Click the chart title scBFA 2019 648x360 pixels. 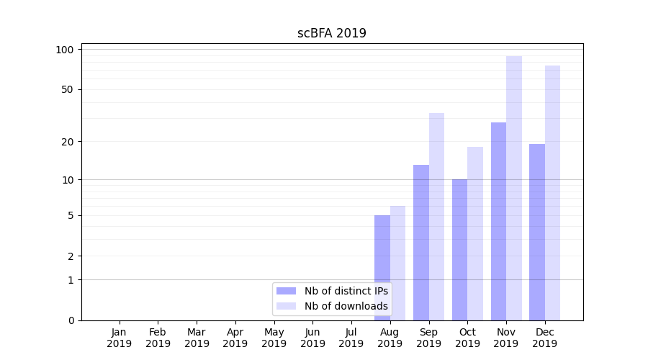click(x=332, y=33)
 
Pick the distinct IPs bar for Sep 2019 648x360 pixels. click(x=421, y=242)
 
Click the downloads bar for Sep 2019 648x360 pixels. click(x=436, y=216)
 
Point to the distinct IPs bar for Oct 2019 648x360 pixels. click(x=459, y=249)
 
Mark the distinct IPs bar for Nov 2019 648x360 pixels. click(x=498, y=221)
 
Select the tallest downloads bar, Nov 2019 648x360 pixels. click(x=514, y=188)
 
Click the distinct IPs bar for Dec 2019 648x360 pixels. click(x=537, y=232)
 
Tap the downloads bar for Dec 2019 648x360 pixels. click(x=552, y=192)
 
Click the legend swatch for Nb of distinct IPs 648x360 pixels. click(x=286, y=291)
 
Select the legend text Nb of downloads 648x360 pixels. click(x=346, y=306)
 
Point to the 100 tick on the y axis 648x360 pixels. click(x=65, y=50)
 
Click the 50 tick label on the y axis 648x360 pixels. click(x=67, y=89)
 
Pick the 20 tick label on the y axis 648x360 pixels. click(x=67, y=141)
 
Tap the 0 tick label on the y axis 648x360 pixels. click(x=71, y=320)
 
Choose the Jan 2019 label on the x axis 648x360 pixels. click(x=120, y=338)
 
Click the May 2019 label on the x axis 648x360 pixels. click(x=274, y=338)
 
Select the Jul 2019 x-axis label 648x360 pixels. click(x=351, y=338)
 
